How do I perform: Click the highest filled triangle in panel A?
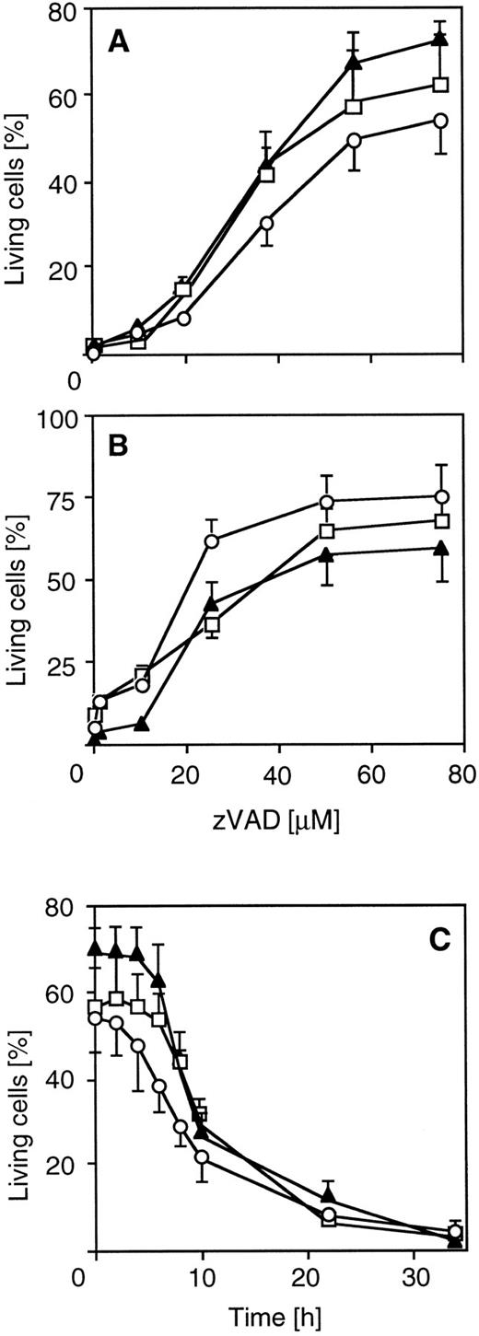440,40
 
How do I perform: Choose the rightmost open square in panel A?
440,85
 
